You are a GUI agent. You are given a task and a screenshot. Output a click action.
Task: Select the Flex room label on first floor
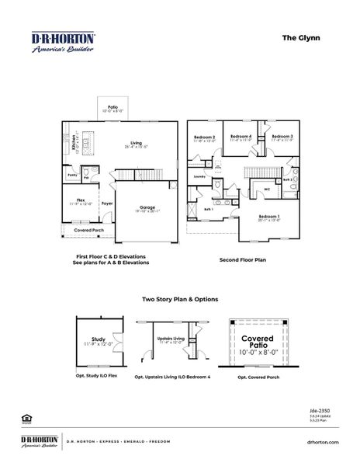click(80, 200)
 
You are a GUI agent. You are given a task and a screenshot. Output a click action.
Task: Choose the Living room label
click(136, 143)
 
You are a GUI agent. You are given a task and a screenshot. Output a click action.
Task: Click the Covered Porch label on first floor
click(89, 231)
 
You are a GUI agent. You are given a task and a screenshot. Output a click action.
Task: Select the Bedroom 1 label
click(268, 216)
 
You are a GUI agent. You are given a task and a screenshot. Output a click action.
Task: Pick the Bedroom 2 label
click(204, 137)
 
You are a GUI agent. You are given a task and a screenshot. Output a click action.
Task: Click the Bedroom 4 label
click(241, 137)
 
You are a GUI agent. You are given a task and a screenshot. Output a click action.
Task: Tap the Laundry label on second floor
click(199, 176)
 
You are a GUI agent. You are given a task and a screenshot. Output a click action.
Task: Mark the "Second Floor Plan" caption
click(242, 260)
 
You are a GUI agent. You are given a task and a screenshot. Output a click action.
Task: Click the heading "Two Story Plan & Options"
click(179, 299)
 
